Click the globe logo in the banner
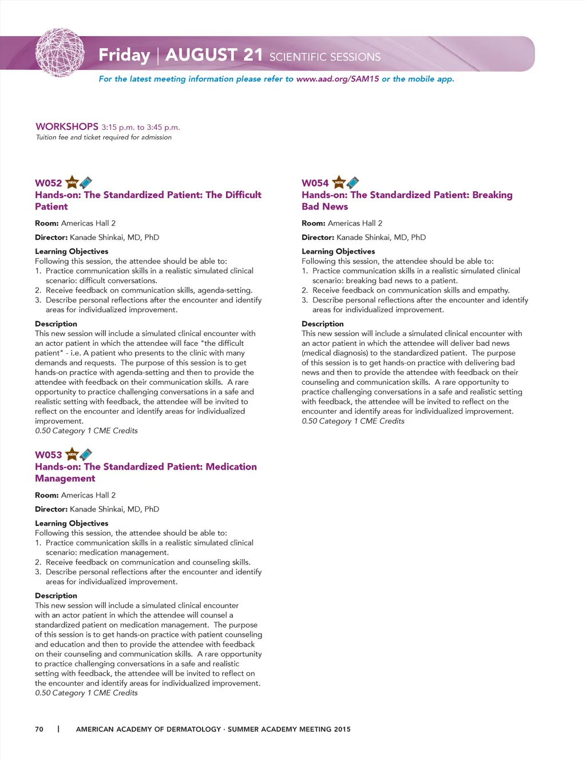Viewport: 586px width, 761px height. (60, 53)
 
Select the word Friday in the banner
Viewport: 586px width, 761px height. (124, 55)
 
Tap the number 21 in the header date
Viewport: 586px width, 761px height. (252, 54)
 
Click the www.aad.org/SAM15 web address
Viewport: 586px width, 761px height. (337, 79)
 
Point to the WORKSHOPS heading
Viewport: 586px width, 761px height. (67, 127)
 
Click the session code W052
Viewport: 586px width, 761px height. (49, 183)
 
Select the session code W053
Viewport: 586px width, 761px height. (49, 455)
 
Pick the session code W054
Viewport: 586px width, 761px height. (315, 183)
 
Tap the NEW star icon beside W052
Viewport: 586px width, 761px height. (72, 183)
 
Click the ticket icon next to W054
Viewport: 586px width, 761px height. (353, 183)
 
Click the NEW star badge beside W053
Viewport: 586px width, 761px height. (72, 455)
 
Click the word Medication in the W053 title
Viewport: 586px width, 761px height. (231, 467)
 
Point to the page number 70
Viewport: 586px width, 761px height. (39, 729)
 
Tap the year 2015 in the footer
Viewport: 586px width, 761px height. (342, 729)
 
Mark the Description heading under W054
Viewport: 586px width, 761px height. (323, 324)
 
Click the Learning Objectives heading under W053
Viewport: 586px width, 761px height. (72, 523)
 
